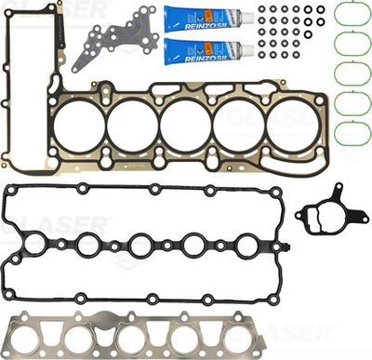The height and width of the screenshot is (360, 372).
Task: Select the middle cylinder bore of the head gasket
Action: (185, 126)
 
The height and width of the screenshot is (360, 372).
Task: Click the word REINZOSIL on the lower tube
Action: (206, 48)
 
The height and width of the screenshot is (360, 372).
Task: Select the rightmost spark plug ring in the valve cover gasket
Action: (246, 247)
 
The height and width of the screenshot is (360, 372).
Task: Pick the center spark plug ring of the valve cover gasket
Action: (141, 247)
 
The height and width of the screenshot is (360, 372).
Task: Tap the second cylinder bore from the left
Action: (132, 126)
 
